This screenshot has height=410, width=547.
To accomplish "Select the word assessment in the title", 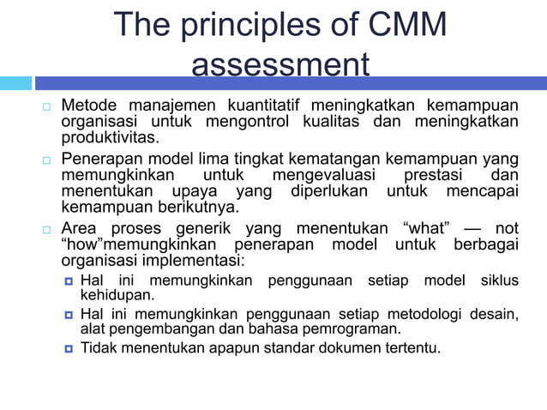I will pyautogui.click(x=280, y=66).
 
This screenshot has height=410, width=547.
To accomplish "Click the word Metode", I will pyautogui.click(x=89, y=106).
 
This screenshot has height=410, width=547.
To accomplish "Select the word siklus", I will pyautogui.click(x=499, y=280).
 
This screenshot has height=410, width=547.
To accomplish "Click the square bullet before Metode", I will pyautogui.click(x=48, y=107).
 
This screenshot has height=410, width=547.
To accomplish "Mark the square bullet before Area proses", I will pyautogui.click(x=48, y=231).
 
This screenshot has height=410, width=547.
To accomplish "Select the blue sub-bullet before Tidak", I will pyautogui.click(x=69, y=348).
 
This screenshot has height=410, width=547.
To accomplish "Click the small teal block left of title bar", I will pyautogui.click(x=15, y=83).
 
